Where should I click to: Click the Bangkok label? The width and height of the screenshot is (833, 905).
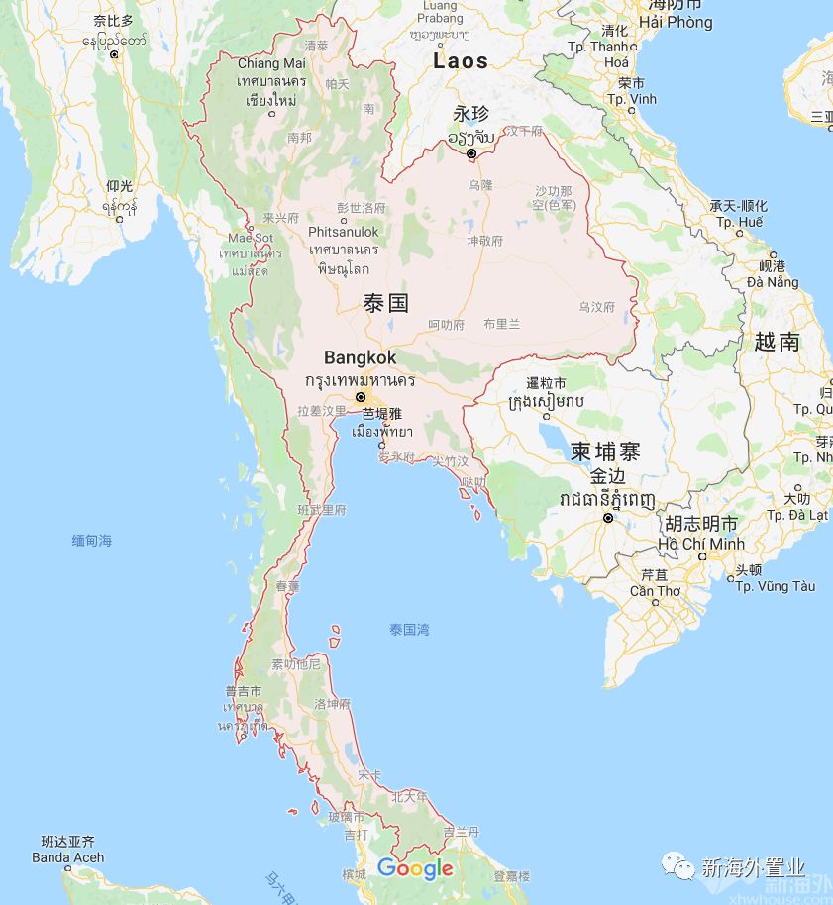(x=360, y=358)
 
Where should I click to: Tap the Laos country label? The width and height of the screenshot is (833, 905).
(x=461, y=61)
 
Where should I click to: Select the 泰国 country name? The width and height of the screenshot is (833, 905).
(x=386, y=303)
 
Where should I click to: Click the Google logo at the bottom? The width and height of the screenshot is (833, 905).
(x=415, y=869)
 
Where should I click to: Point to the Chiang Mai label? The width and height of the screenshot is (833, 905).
(x=271, y=63)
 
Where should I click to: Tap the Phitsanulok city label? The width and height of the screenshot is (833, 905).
(x=343, y=232)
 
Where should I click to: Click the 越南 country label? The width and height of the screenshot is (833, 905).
(x=777, y=343)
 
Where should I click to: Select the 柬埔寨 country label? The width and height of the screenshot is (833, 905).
(x=605, y=452)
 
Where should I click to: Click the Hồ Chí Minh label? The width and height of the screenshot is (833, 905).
(x=700, y=544)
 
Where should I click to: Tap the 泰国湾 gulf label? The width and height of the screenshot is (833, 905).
(x=409, y=629)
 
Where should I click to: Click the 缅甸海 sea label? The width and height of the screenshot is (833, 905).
(x=92, y=541)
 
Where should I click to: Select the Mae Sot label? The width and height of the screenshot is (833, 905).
(x=250, y=238)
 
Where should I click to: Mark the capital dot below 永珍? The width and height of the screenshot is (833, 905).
(x=472, y=153)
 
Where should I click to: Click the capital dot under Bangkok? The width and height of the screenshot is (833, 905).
(x=361, y=397)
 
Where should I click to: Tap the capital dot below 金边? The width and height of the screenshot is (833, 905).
(x=608, y=517)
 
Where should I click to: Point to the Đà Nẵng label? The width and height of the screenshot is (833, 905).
(x=774, y=282)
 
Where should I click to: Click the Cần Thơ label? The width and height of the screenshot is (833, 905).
(x=655, y=591)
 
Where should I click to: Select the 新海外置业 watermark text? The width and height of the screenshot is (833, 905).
(x=753, y=868)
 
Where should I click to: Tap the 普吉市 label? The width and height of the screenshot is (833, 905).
(x=243, y=691)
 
